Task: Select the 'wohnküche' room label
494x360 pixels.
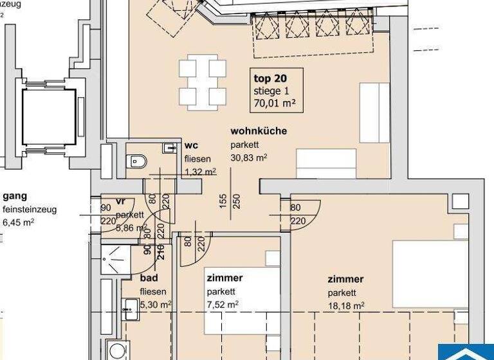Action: tap(259, 131)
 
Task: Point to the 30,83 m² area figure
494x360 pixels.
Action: tap(248, 156)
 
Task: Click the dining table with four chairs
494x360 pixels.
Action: tap(202, 82)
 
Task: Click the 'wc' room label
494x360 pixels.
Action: tap(190, 145)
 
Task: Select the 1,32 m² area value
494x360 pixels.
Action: tap(200, 171)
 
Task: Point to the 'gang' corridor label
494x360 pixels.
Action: tap(15, 197)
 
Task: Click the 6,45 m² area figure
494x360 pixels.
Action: tap(19, 222)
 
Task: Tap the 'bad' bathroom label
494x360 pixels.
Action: tap(149, 278)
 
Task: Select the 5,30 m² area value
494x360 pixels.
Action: tap(155, 304)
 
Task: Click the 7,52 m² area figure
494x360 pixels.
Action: tap(223, 304)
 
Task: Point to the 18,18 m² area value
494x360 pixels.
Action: tap(346, 305)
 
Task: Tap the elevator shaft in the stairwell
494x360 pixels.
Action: tap(48, 118)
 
